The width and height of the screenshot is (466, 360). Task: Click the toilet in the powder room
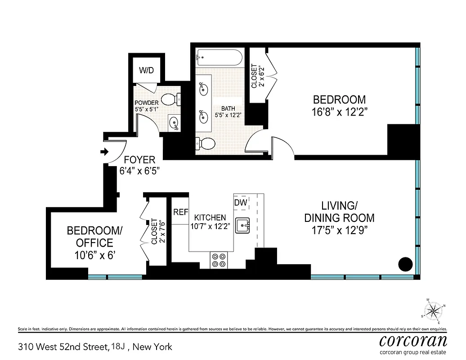170,98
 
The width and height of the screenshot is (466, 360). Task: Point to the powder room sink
173,121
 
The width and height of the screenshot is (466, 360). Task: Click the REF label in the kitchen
180,212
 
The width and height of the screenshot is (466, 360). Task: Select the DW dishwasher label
241,203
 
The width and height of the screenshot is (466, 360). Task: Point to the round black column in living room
406,263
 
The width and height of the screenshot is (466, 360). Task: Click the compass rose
433,310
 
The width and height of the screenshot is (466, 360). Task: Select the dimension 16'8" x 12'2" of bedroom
340,112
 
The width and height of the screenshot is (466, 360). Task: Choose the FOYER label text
139,160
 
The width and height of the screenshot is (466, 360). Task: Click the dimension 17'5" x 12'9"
340,231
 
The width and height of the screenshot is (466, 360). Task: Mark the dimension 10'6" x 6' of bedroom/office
94,256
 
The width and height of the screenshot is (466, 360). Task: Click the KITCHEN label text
210,218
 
